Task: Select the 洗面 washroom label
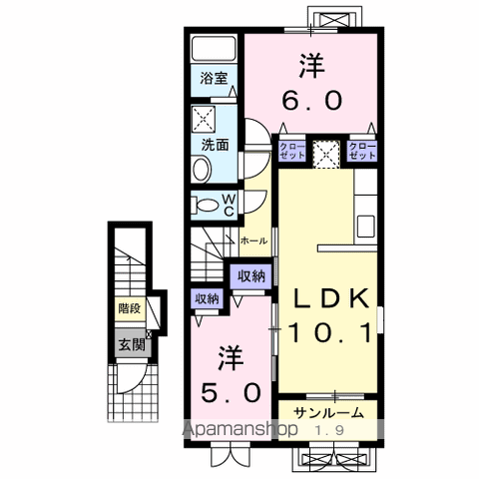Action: point(215,144)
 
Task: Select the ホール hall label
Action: point(251,240)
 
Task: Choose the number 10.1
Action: point(331,333)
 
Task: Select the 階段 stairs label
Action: point(129,308)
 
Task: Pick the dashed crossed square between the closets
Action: point(326,153)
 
